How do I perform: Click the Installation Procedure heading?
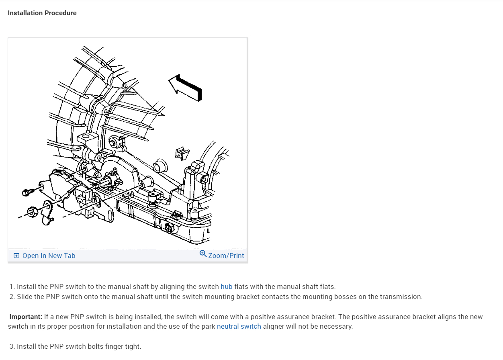[x=42, y=13]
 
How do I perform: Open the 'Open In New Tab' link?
[x=49, y=256]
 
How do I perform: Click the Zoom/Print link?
[x=226, y=256]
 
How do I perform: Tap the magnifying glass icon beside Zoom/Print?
[x=203, y=254]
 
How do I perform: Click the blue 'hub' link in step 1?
[x=226, y=286]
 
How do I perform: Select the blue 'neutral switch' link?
[x=239, y=326]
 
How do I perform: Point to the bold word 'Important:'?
[x=26, y=317]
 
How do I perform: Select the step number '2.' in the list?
[x=12, y=297]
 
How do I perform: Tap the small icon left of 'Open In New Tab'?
[x=16, y=256]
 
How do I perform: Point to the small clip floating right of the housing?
[x=182, y=153]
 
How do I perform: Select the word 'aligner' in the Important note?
[x=274, y=326]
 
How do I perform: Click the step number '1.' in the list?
[x=12, y=286]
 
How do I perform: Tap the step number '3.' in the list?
[x=12, y=346]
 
